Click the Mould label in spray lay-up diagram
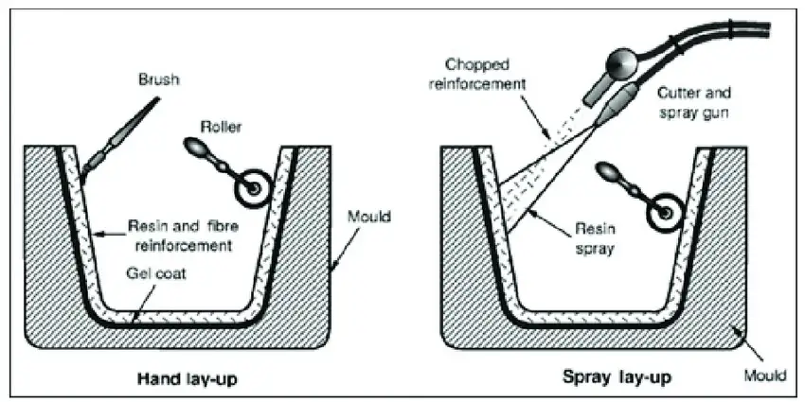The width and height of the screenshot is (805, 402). (764, 375)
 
